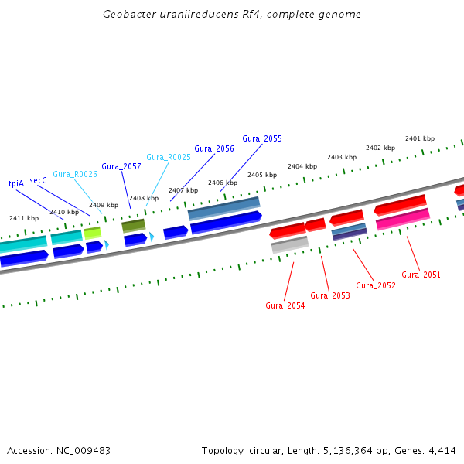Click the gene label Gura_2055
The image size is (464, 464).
pyautogui.click(x=262, y=138)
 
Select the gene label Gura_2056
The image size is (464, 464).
pyautogui.click(x=214, y=148)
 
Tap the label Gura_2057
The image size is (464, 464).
pyautogui.click(x=121, y=166)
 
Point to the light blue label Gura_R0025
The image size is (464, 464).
pyautogui.click(x=169, y=157)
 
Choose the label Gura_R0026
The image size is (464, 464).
pyautogui.click(x=75, y=174)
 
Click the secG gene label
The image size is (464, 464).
pyautogui.click(x=39, y=179)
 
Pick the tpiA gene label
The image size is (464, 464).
pyautogui.click(x=16, y=183)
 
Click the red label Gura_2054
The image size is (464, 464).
pyautogui.click(x=285, y=305)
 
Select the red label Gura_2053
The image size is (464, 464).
pyautogui.click(x=330, y=295)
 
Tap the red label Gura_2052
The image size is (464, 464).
pyautogui.click(x=376, y=285)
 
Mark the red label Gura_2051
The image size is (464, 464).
pyautogui.click(x=421, y=275)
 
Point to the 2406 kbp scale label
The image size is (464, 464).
pyautogui.click(x=223, y=183)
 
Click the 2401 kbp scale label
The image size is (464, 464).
pyautogui.click(x=419, y=138)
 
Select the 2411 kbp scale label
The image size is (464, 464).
pyautogui.click(x=24, y=218)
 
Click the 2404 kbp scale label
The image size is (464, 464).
pyautogui.click(x=302, y=166)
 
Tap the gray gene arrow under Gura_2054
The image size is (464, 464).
pyautogui.click(x=290, y=244)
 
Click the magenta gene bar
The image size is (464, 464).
pyautogui.click(x=403, y=220)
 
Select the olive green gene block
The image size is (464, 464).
pyautogui.click(x=133, y=225)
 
